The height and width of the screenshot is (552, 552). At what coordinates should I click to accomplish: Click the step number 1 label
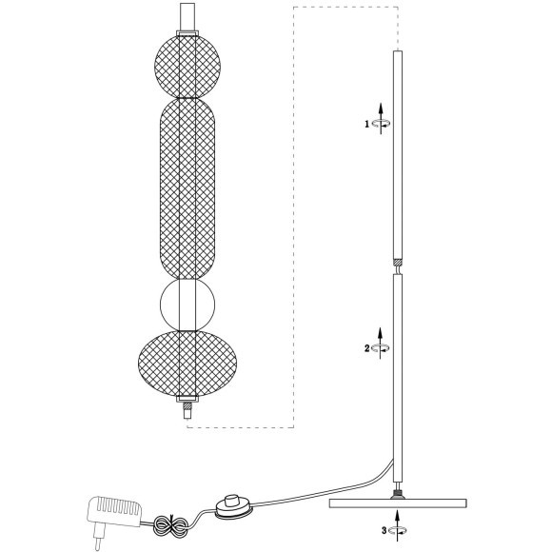pos(366,124)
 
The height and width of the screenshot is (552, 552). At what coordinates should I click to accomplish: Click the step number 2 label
pos(366,348)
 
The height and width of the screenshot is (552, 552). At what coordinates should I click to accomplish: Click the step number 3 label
pos(384,530)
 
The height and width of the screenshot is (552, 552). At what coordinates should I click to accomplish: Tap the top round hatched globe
pos(187,66)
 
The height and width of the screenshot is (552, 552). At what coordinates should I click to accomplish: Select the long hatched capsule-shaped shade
pos(187,188)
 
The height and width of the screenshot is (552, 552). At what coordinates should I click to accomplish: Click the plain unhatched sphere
pos(187,306)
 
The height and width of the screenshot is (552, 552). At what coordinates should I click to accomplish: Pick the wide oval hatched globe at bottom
pos(187,364)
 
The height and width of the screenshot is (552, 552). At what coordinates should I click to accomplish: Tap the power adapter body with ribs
pos(115,511)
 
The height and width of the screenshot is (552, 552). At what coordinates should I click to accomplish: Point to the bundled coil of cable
pos(170,526)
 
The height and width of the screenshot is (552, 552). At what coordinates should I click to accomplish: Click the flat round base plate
pos(398,503)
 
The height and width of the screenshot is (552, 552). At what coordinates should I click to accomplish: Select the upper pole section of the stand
pos(398,155)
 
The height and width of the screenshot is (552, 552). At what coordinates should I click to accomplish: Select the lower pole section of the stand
pos(398,379)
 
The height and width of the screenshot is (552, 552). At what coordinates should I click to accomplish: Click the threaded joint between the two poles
pos(398,263)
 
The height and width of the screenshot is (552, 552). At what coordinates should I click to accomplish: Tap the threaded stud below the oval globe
pos(187,405)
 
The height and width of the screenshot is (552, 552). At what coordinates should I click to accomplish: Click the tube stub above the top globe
pos(187,17)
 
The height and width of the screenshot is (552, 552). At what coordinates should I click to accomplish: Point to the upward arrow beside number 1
pos(381,119)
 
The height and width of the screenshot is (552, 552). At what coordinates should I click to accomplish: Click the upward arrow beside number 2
pos(380,344)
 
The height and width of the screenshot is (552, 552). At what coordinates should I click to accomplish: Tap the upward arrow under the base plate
pos(398,525)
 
